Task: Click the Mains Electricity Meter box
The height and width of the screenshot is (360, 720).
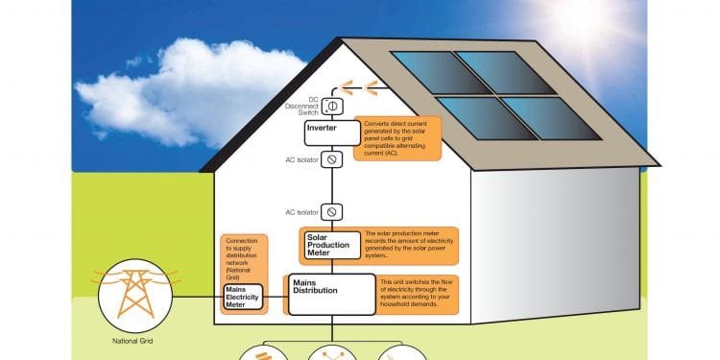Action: point(243,297)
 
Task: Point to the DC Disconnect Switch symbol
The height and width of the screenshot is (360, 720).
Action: point(332,106)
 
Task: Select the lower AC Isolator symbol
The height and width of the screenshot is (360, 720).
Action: point(332,211)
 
